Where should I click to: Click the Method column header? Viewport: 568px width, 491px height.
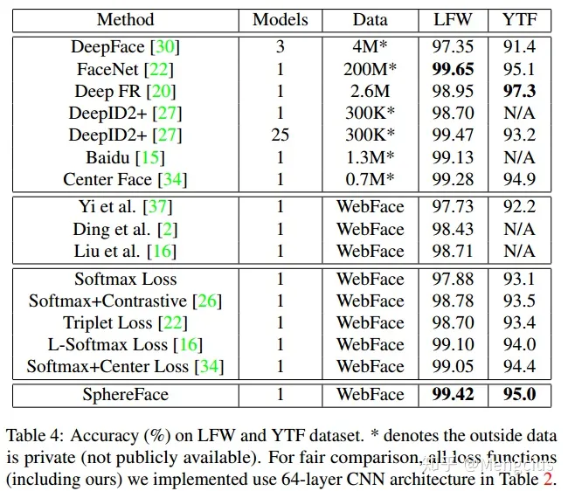pos(125,19)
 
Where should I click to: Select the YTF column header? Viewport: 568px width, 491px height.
pos(519,19)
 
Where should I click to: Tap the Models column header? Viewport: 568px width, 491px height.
pos(281,19)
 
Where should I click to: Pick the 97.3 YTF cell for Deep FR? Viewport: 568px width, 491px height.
pos(519,90)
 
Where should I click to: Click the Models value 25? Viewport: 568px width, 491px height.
pos(281,135)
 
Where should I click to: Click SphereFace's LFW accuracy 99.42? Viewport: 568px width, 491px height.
pos(454,394)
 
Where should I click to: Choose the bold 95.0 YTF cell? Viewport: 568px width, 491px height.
pos(519,394)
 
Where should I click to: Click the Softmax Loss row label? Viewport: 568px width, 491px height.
pos(125,280)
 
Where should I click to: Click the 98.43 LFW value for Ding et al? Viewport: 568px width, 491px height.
pos(454,228)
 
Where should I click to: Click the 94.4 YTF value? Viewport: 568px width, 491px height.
pos(519,366)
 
